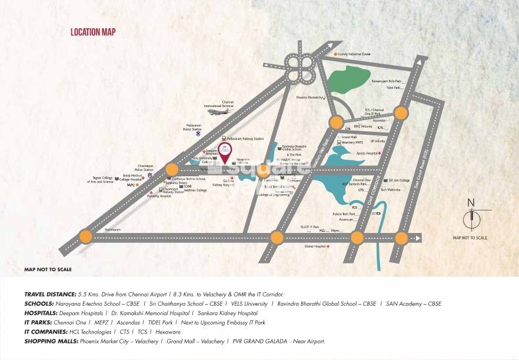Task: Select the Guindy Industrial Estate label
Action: point(355,54)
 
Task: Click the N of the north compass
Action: point(471,203)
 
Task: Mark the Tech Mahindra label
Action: point(391,190)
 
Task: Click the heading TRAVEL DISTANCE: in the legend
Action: point(51,294)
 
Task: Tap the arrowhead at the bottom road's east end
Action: point(418,238)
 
